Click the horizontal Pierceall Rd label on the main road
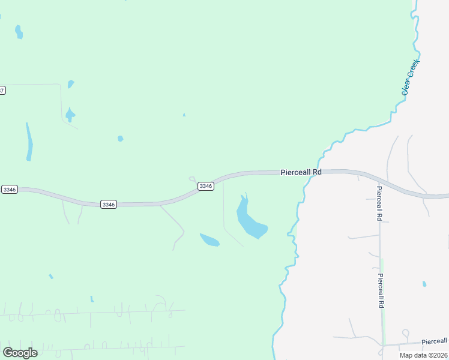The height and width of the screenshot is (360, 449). point(301,172)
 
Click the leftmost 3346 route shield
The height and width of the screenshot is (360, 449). point(9,189)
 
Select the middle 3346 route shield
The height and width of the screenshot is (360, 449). point(109,204)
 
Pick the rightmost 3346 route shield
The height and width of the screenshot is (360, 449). point(206,186)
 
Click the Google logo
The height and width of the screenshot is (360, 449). point(20,352)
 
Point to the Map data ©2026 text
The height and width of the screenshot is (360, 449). point(423,355)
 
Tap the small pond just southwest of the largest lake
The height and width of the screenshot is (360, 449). point(209,240)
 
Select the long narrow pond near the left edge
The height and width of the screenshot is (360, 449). point(29,143)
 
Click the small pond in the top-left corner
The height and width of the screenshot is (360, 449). point(19,32)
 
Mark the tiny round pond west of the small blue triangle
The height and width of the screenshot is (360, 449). point(120,139)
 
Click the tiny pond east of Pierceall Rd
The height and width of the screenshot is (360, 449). point(424,284)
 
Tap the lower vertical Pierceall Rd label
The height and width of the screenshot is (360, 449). point(380,291)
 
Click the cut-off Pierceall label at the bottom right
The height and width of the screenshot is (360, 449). point(435,341)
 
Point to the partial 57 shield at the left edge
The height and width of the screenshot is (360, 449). point(2,91)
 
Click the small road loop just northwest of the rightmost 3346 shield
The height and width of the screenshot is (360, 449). point(192,178)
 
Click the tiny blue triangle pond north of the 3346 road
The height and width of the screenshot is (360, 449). point(184,115)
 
